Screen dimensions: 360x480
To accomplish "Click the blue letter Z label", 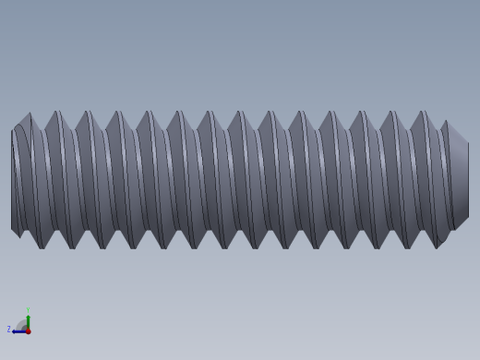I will pyautogui.click(x=9, y=329).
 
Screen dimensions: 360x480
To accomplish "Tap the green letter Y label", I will pyautogui.click(x=28, y=310).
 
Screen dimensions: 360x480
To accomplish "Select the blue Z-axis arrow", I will pyautogui.click(x=18, y=331).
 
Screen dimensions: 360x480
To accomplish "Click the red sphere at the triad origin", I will pyautogui.click(x=28, y=330).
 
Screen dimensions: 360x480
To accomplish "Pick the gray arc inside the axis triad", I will pyautogui.click(x=22, y=324).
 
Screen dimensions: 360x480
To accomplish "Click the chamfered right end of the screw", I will pyautogui.click(x=459, y=180).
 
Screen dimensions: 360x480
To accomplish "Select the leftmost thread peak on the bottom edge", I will pyautogui.click(x=42, y=246).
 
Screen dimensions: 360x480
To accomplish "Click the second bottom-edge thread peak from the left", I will pyautogui.click(x=73, y=246).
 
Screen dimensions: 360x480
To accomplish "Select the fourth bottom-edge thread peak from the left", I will pyautogui.click(x=134, y=246).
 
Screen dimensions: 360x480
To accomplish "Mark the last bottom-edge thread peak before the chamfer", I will pyautogui.click(x=438, y=246).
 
